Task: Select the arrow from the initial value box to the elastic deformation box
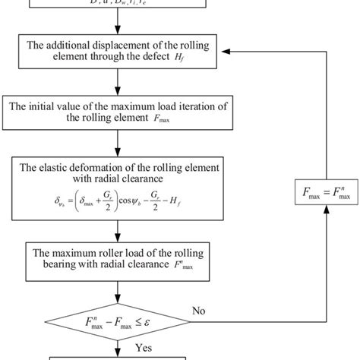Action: tap(116, 142)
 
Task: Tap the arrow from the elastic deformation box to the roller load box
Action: tap(116, 234)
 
